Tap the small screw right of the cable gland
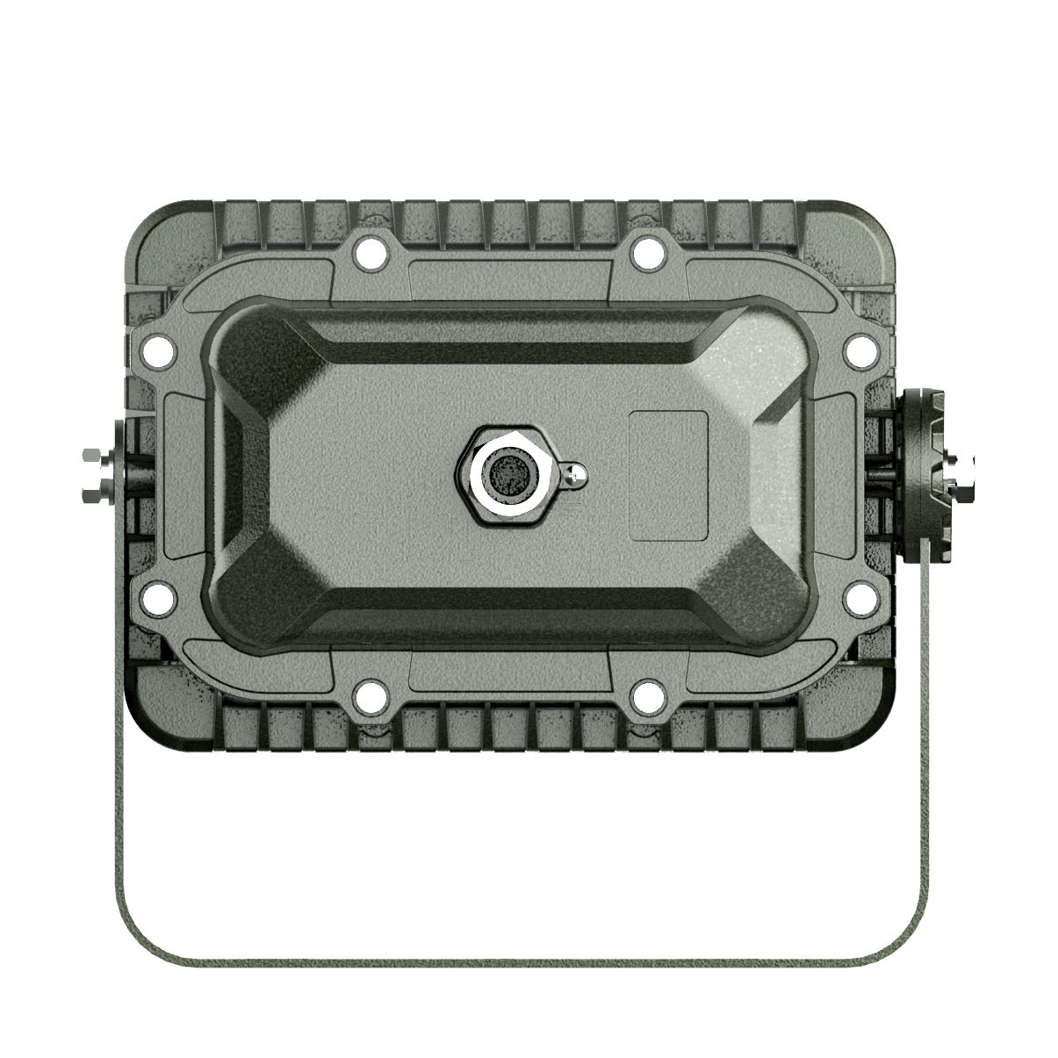point(575,475)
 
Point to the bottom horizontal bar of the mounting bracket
point(527,961)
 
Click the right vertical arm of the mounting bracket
point(923,746)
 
